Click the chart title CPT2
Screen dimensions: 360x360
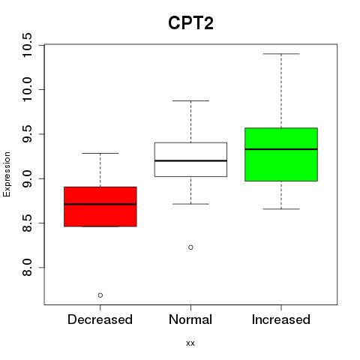[x=190, y=23]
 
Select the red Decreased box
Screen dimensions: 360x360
[x=100, y=206]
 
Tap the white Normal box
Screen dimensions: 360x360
[x=190, y=160]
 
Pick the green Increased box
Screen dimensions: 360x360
[x=281, y=154]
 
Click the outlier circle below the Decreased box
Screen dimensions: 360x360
[x=100, y=295]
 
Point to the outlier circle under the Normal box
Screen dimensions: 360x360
[x=190, y=247]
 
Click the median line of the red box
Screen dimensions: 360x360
[x=100, y=204]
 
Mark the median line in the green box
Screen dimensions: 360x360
[x=281, y=149]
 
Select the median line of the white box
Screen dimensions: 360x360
[x=190, y=160]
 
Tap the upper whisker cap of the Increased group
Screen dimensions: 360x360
[x=281, y=54]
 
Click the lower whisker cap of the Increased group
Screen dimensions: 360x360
[x=281, y=208]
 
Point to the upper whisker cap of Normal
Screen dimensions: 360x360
[x=190, y=100]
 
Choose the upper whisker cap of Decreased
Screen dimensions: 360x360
[x=100, y=153]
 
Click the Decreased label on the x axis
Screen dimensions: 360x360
[x=100, y=319]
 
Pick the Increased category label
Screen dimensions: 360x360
[x=281, y=319]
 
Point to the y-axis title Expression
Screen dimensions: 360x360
[x=7, y=174]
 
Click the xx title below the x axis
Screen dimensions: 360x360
[x=190, y=343]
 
